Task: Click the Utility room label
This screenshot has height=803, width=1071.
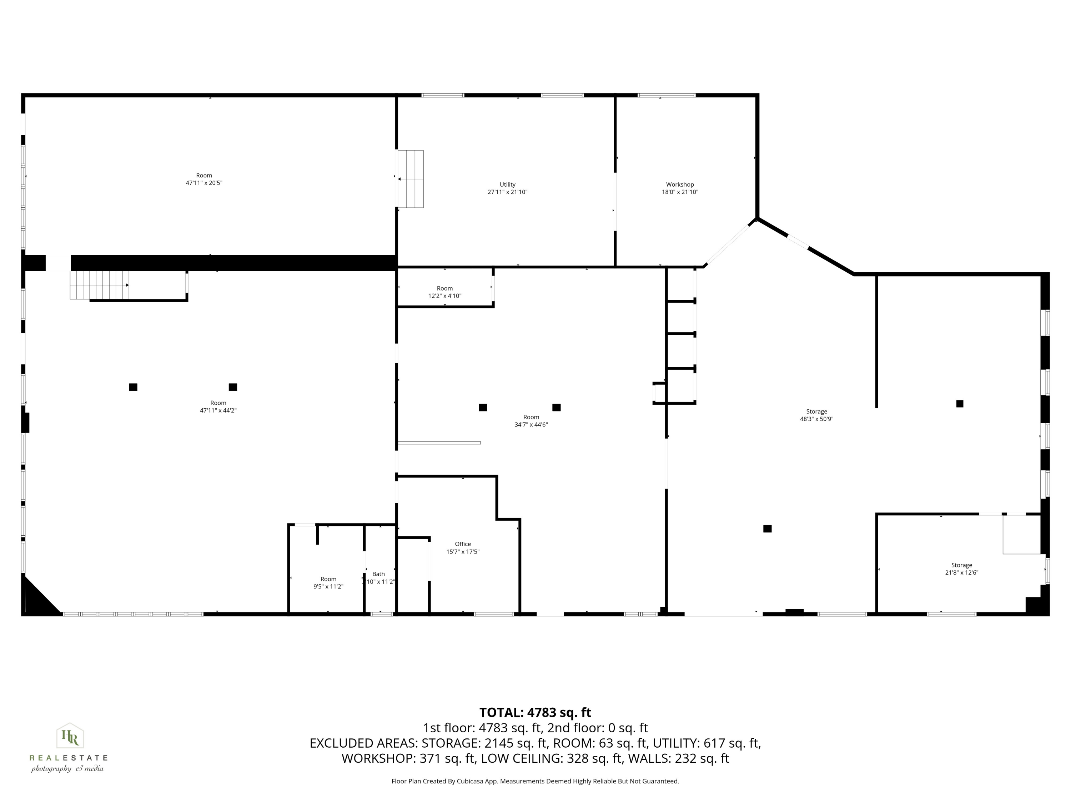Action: [x=507, y=185]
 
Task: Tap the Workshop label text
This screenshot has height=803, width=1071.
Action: [x=680, y=185]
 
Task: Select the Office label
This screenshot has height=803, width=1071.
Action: [x=463, y=544]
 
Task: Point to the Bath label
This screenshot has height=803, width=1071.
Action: [x=379, y=574]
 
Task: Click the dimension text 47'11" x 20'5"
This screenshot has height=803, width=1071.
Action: [x=204, y=183]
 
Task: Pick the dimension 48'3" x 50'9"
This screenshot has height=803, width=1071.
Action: [x=816, y=419]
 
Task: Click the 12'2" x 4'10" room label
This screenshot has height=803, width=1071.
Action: [x=444, y=296]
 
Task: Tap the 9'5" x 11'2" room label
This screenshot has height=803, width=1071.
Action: [x=328, y=587]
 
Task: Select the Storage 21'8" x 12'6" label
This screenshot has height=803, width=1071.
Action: [x=961, y=569]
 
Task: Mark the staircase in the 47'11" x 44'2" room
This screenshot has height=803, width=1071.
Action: [x=99, y=285]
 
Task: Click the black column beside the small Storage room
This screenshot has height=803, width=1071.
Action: [x=768, y=529]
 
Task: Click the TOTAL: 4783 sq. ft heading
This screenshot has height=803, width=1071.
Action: [x=535, y=712]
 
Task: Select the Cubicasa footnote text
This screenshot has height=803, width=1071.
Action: [x=535, y=781]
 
